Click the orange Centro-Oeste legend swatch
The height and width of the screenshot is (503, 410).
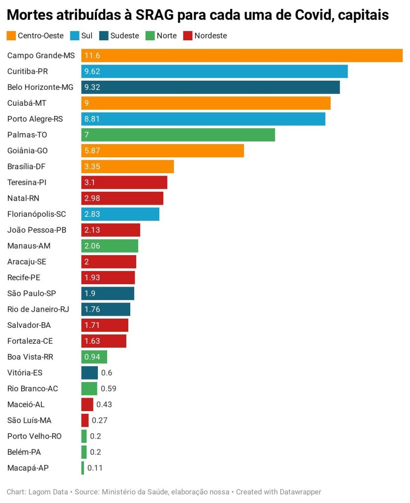pos(11,35)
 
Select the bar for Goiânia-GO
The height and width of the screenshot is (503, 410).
pos(162,150)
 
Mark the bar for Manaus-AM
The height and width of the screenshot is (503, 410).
pos(110,246)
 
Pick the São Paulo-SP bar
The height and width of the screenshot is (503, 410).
pos(108,294)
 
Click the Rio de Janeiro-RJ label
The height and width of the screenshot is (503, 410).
pos(38,309)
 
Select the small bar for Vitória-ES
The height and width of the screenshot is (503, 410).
pos(89,373)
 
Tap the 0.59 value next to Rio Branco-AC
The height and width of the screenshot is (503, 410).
pos(108,388)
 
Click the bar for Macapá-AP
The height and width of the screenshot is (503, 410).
pos(83,468)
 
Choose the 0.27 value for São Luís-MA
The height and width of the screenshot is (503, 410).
pos(99,420)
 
